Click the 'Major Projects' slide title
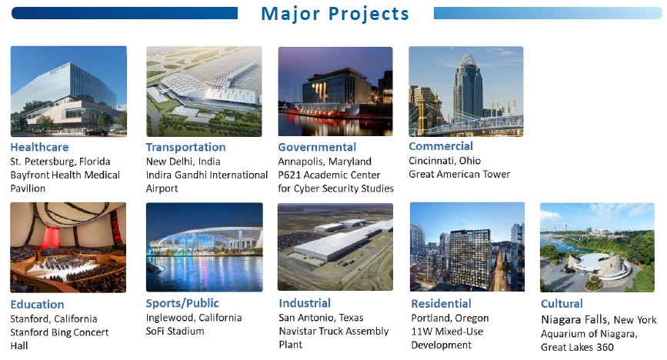coord(335,14)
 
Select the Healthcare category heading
coord(39,147)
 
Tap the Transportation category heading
coord(186,147)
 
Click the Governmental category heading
coord(317,147)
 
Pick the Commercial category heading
coord(441,146)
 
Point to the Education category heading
coord(37,305)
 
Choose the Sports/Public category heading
coord(182,303)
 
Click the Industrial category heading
coord(305,303)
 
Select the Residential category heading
coord(441,304)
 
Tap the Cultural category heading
coord(562,304)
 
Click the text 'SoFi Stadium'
coord(175,331)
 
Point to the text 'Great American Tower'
coord(459,174)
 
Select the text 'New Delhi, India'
coord(183,162)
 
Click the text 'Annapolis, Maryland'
coord(325,162)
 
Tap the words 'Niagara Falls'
coord(574,319)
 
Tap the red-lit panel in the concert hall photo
coord(50,237)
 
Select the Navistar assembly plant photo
coord(335,247)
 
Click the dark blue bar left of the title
coord(124,13)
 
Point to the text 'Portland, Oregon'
coord(449,318)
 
